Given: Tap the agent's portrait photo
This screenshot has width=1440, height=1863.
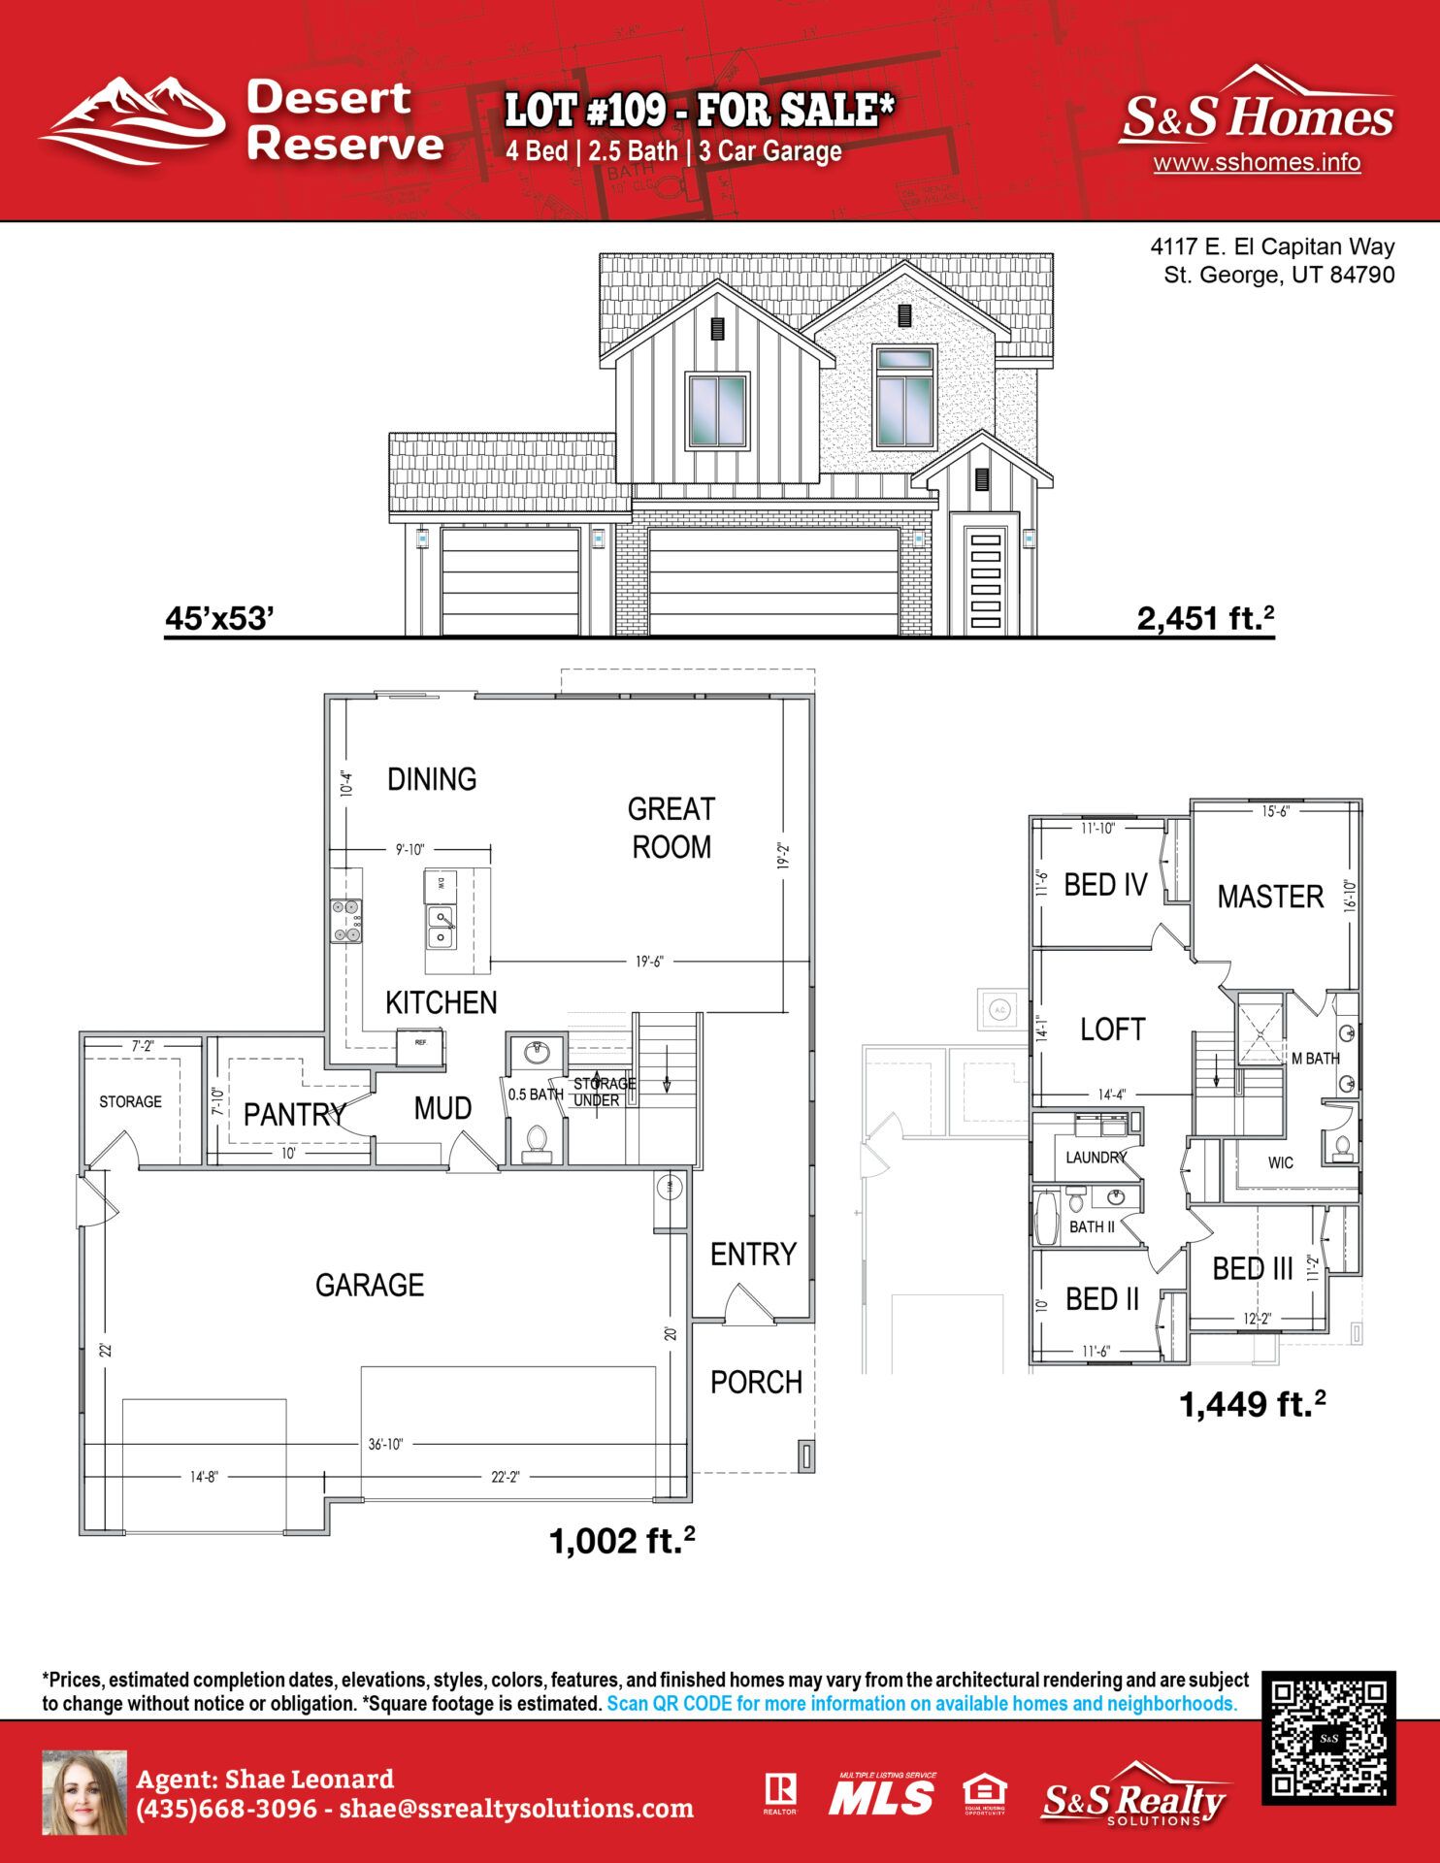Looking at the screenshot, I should (x=84, y=1793).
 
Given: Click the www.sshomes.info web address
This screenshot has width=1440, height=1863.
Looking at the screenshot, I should (x=1257, y=162).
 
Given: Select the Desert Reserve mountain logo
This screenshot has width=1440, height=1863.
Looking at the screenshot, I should (x=133, y=120).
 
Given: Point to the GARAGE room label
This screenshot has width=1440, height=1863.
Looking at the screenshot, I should (x=370, y=1285).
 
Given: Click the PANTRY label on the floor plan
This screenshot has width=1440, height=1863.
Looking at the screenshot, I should (x=294, y=1114).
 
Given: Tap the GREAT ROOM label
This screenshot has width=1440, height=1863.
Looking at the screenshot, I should (x=671, y=828).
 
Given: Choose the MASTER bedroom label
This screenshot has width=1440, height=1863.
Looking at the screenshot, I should (x=1270, y=897).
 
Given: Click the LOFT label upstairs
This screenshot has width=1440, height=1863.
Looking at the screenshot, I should (x=1113, y=1030).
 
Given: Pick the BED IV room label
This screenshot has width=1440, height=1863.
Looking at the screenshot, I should (x=1105, y=885).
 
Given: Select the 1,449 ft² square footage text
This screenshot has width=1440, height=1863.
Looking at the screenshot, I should (x=1251, y=1404).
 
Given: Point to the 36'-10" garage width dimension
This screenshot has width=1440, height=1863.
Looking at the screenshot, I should (x=385, y=1444).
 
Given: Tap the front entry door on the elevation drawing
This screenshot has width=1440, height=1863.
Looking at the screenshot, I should (x=985, y=580).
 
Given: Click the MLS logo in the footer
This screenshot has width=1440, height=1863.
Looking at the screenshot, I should (x=882, y=1796).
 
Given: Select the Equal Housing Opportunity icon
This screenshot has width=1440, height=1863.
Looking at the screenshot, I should (x=984, y=1794).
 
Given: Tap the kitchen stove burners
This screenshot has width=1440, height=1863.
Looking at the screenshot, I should (x=346, y=921).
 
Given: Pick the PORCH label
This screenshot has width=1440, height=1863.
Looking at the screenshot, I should (x=756, y=1382).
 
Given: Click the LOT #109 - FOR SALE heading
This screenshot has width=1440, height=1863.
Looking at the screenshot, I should (x=699, y=111).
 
